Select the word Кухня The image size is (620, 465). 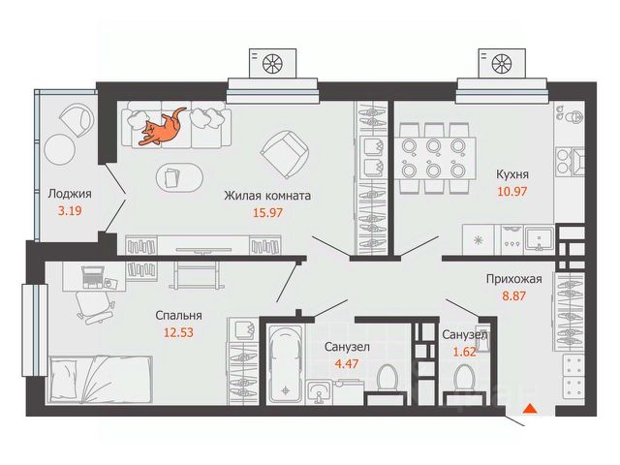pos(511,175)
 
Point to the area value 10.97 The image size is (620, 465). pos(511,193)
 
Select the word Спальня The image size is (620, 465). pos(179,315)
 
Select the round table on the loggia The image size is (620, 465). pos(58,149)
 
